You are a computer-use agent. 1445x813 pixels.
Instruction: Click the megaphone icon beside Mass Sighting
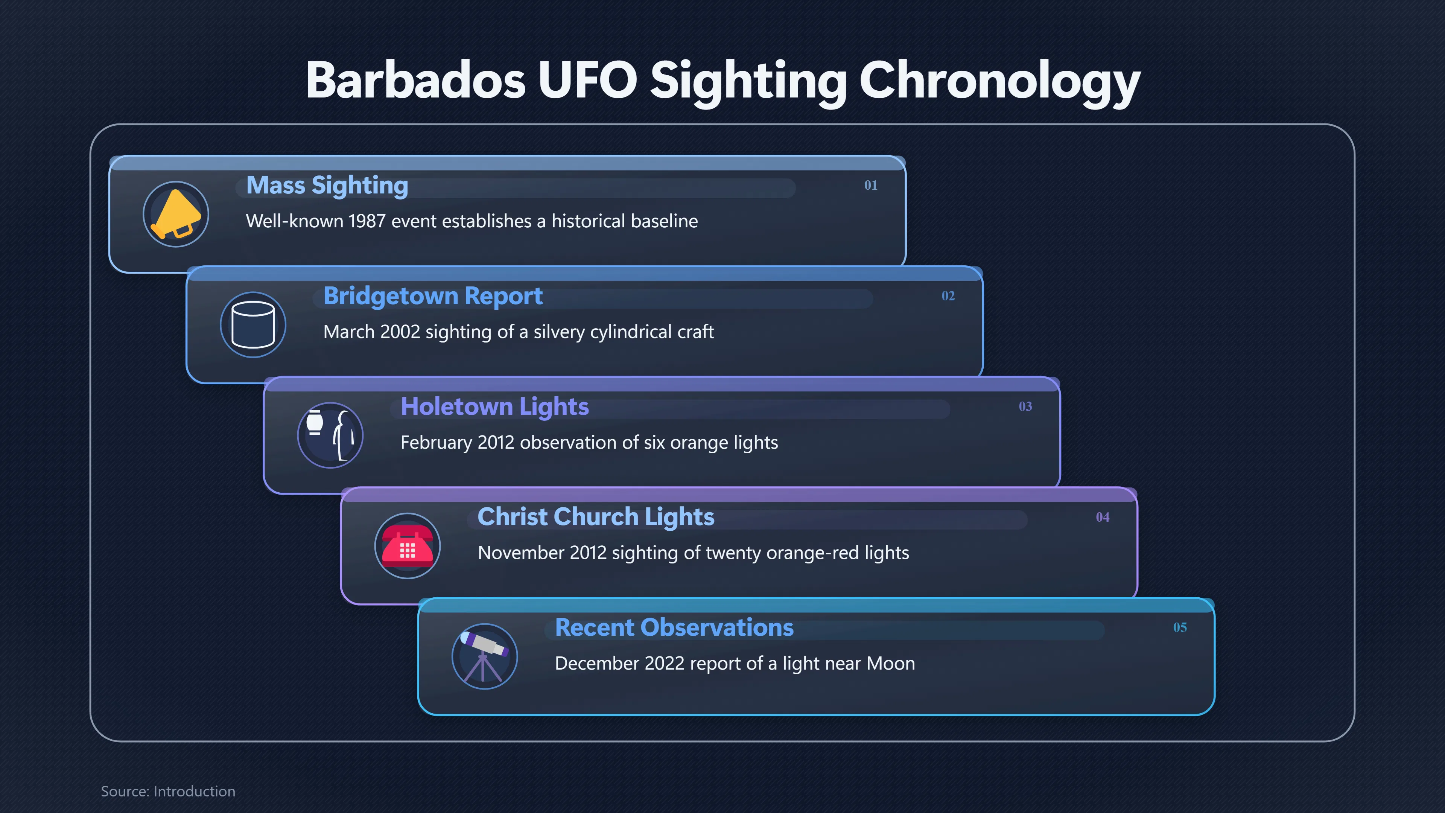[x=176, y=214]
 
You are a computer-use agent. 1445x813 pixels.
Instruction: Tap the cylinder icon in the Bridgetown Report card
[x=253, y=325]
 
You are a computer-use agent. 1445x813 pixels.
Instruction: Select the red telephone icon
[x=407, y=546]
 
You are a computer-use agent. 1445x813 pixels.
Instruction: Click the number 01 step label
[x=871, y=185]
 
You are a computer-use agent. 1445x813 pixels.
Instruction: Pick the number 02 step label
[x=948, y=296]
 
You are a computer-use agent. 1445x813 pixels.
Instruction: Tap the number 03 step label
[x=1025, y=406]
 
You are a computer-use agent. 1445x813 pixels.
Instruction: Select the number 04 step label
[x=1103, y=517]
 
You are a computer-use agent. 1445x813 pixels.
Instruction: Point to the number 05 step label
[x=1180, y=627]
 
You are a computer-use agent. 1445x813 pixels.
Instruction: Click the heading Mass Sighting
[x=327, y=186]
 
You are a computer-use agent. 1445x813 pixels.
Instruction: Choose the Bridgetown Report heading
[x=433, y=296]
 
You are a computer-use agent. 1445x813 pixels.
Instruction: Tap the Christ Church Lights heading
[x=596, y=517]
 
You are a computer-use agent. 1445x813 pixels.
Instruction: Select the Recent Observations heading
[x=674, y=627]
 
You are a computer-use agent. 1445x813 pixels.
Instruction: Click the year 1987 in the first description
[x=367, y=221]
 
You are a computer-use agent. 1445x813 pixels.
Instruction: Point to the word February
[x=437, y=443]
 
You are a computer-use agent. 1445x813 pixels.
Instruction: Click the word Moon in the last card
[x=891, y=664]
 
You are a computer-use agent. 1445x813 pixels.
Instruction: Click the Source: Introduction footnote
[x=168, y=791]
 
